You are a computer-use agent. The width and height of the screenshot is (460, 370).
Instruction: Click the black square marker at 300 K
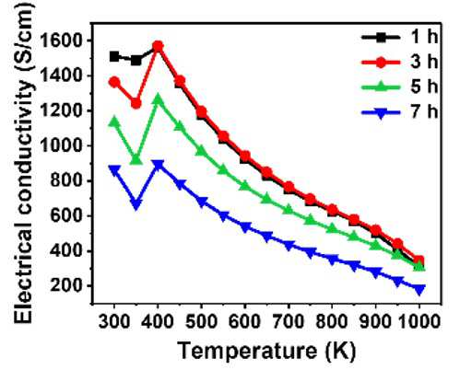pyautogui.click(x=114, y=57)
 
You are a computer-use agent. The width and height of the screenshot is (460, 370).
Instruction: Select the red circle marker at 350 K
pyautogui.click(x=136, y=104)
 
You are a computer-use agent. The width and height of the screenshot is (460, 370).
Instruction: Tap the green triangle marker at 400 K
pyautogui.click(x=158, y=99)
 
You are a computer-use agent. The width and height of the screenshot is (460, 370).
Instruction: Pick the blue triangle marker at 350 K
pyautogui.click(x=136, y=204)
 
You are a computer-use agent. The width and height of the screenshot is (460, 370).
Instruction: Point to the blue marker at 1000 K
pyautogui.click(x=419, y=289)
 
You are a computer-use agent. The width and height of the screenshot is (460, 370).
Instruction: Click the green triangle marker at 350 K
pyautogui.click(x=136, y=159)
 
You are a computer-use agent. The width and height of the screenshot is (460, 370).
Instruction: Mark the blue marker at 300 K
pyautogui.click(x=114, y=170)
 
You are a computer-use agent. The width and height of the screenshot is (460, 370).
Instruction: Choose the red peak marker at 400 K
pyautogui.click(x=158, y=47)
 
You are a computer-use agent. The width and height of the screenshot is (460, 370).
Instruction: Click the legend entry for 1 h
pyautogui.click(x=399, y=38)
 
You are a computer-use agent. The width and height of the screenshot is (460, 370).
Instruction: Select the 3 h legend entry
pyautogui.click(x=399, y=63)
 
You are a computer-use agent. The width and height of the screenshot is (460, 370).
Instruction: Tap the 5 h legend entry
pyautogui.click(x=399, y=87)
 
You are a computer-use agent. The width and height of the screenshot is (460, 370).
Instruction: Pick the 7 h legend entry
pyautogui.click(x=399, y=112)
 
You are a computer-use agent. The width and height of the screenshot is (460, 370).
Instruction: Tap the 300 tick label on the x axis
pyautogui.click(x=114, y=322)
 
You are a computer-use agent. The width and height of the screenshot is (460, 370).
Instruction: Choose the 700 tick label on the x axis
pyautogui.click(x=289, y=322)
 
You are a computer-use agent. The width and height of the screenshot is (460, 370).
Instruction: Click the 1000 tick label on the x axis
pyautogui.click(x=419, y=322)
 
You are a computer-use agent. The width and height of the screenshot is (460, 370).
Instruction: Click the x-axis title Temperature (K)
pyautogui.click(x=266, y=351)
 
